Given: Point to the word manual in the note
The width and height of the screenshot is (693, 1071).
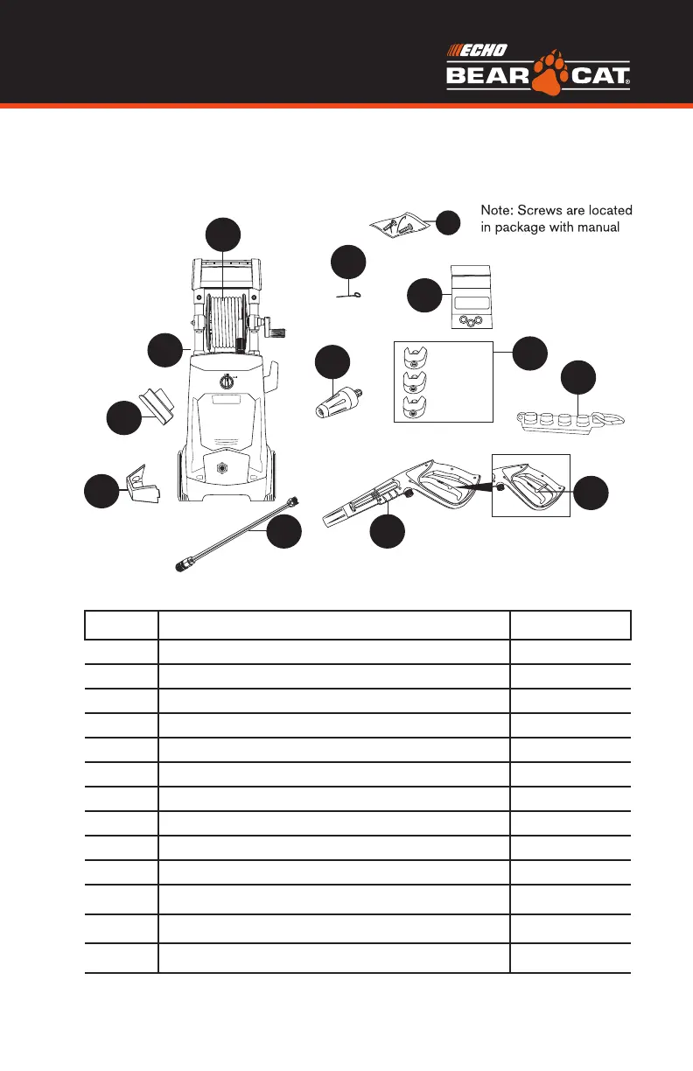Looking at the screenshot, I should coord(606,228).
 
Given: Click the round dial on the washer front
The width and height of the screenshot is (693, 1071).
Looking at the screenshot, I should coord(226,381).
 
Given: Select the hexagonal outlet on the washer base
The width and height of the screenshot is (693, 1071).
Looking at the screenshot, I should coord(222,468).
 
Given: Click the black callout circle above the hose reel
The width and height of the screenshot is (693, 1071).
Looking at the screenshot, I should coord(223,234).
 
